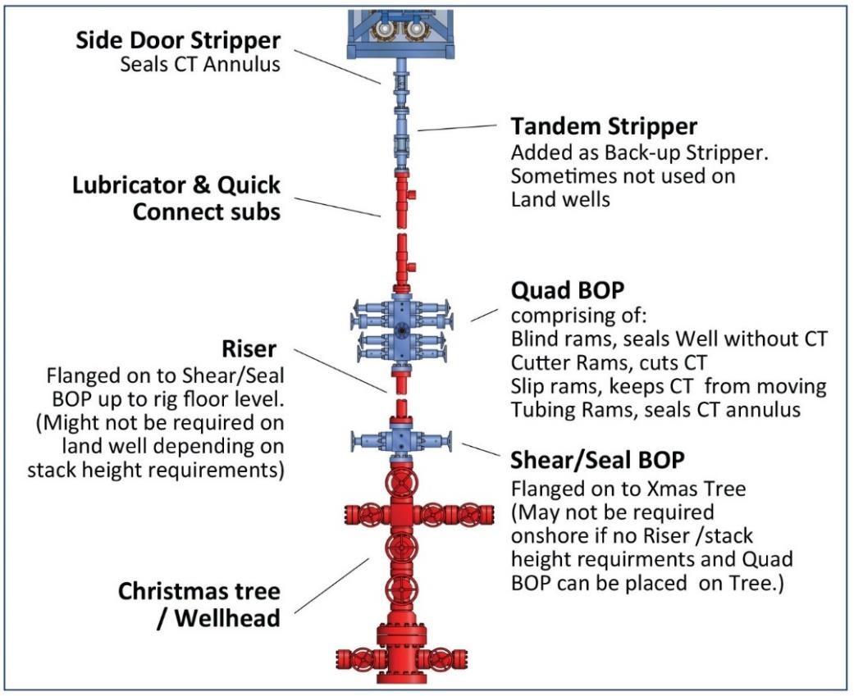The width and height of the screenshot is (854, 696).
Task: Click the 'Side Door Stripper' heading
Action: (178, 40)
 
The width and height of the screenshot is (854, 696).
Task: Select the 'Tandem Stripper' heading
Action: (604, 126)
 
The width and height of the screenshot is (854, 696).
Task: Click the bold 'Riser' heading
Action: (249, 350)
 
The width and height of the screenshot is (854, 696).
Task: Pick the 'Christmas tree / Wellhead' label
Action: (199, 604)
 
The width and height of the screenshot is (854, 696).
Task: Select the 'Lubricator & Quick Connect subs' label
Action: (176, 198)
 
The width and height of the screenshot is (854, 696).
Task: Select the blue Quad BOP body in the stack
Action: (402, 328)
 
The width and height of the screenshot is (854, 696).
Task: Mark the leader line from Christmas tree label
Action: (332, 585)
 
